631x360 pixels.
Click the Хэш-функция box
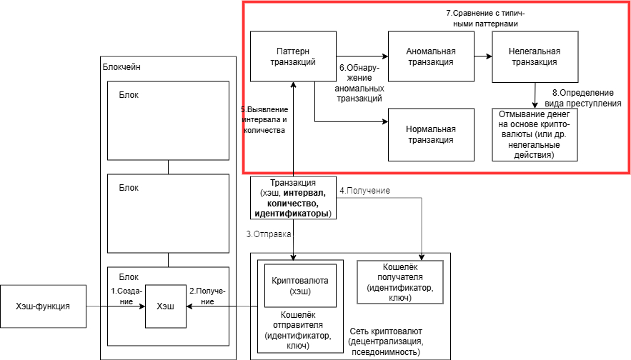(x=43, y=306)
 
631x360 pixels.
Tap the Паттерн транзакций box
(x=292, y=56)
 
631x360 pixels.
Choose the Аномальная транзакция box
(x=430, y=56)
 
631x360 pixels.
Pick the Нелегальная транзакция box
(x=535, y=56)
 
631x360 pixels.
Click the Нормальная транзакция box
(x=430, y=134)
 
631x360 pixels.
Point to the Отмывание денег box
(x=535, y=134)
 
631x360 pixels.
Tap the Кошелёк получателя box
(x=399, y=282)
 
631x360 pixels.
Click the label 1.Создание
(x=126, y=296)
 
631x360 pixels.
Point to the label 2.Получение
(x=207, y=296)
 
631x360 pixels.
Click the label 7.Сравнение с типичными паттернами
(x=481, y=19)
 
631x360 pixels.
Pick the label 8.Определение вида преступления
(x=587, y=98)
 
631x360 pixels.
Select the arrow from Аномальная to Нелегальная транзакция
(x=482, y=56)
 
